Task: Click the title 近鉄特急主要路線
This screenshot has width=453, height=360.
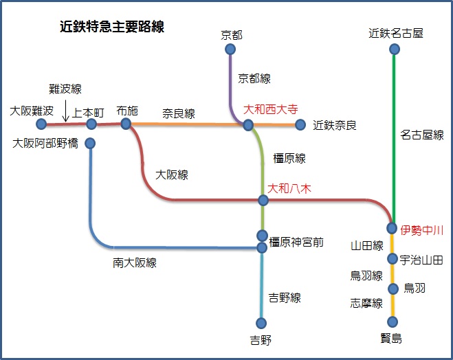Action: [112, 27]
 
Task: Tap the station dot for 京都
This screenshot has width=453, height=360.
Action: [230, 49]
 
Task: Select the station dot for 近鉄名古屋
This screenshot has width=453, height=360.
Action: [394, 49]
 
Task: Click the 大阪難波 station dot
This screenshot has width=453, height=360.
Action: [41, 124]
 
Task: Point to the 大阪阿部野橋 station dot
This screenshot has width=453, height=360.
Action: [90, 144]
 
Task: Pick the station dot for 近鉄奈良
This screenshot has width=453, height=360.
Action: [300, 124]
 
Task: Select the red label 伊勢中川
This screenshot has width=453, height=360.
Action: [421, 230]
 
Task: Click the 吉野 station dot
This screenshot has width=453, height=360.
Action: [261, 323]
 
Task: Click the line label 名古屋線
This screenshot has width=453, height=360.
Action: [421, 135]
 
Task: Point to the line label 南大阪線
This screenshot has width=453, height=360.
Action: [135, 262]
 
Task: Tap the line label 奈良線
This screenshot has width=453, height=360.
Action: [179, 113]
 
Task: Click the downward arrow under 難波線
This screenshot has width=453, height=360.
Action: [66, 112]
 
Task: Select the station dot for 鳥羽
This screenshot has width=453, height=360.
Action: [393, 289]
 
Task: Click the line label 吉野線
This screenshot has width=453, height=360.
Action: [285, 298]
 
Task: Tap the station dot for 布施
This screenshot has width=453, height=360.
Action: [125, 124]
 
